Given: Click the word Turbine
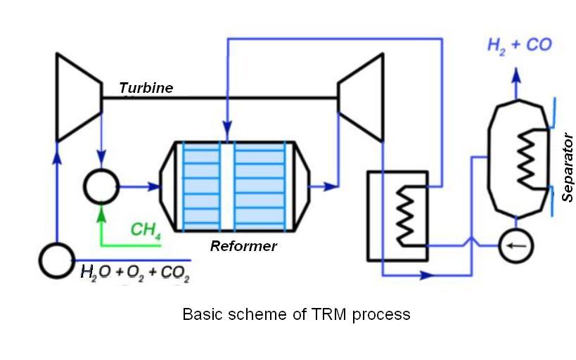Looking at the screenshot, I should [146, 88].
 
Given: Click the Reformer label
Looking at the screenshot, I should [243, 246].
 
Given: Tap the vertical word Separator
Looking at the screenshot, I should [568, 167].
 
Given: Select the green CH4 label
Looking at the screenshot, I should [146, 230].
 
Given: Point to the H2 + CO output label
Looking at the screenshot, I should [520, 45].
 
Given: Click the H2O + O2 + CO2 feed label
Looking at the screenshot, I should [135, 271].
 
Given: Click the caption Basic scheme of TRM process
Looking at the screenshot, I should [296, 314].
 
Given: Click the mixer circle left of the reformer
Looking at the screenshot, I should [103, 187].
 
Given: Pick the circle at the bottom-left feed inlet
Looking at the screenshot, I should [56, 261].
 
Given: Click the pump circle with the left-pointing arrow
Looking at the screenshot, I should [516, 245].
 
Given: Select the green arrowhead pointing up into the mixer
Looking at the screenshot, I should [103, 208].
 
